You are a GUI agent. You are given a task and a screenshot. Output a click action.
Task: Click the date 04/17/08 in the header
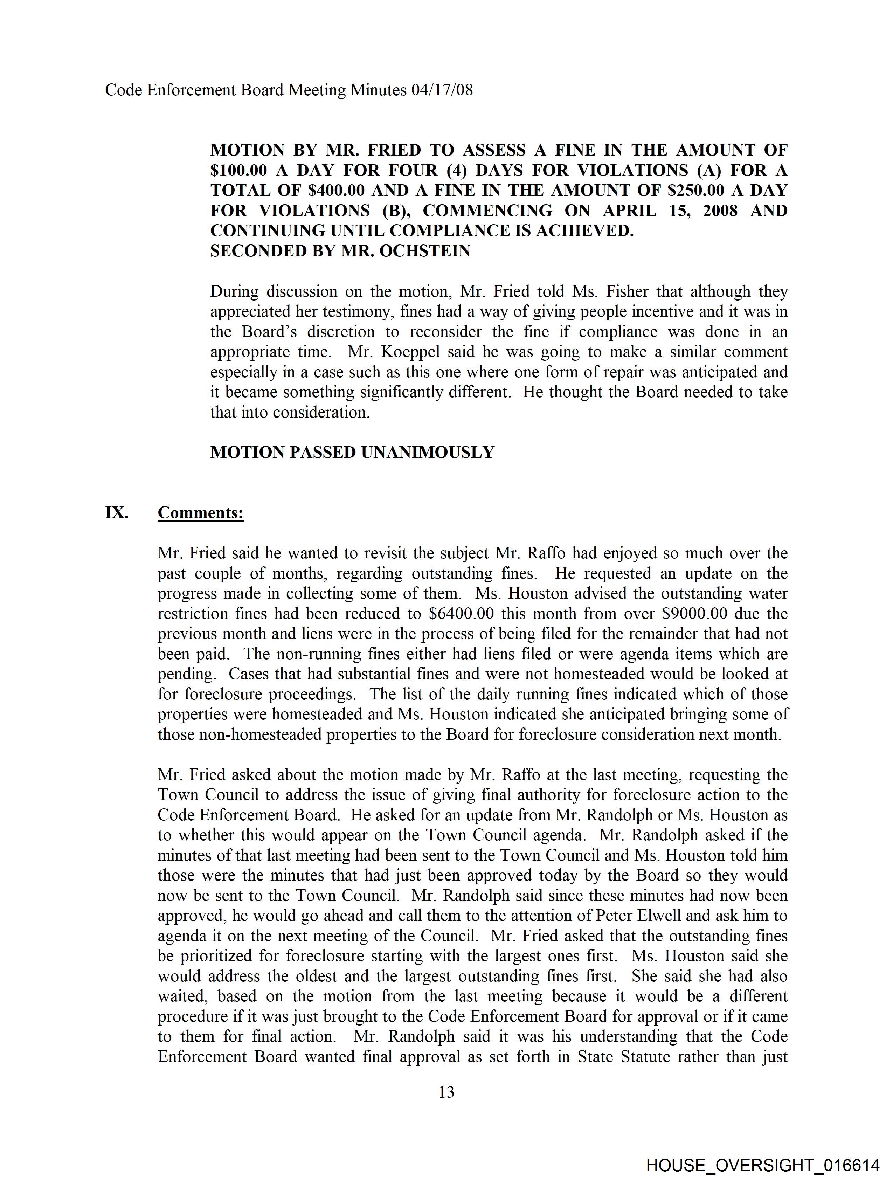click(442, 90)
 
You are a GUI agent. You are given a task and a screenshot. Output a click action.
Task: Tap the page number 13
click(446, 1092)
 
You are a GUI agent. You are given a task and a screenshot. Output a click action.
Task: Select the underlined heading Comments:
click(201, 513)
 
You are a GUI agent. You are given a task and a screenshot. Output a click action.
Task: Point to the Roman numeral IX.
click(116, 513)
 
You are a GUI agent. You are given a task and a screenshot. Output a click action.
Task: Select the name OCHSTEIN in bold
click(425, 251)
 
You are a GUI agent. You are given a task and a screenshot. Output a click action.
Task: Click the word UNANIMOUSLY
click(428, 453)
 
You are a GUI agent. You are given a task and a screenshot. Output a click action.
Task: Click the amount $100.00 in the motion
click(238, 170)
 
